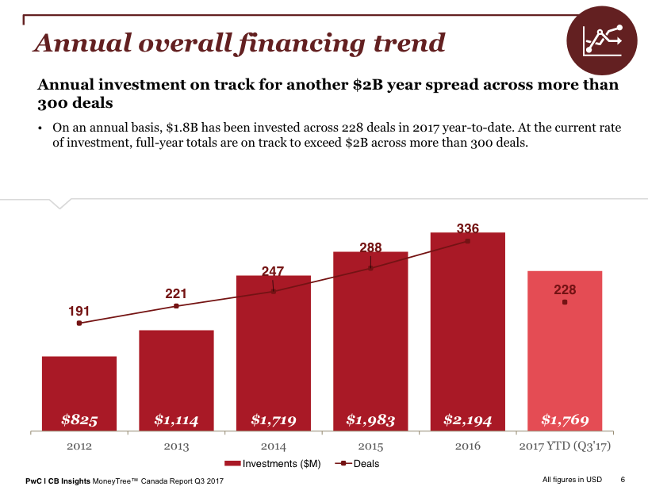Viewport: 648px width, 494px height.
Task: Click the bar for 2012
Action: coord(79,393)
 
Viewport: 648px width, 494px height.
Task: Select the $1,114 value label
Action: coord(176,420)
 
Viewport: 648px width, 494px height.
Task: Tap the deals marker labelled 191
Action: coord(79,323)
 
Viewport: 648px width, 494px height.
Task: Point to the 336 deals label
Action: coord(468,228)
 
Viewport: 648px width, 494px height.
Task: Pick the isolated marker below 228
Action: coord(564,303)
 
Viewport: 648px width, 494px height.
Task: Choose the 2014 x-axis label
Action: coord(273,446)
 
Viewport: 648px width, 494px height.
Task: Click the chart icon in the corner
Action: coord(602,40)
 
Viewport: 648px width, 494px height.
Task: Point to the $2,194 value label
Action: coord(468,420)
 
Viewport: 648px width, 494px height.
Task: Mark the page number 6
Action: coord(623,480)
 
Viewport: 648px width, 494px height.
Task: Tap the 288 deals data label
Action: coord(370,248)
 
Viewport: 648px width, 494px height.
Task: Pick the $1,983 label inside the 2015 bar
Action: coord(370,420)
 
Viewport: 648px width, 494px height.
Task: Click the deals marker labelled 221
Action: coord(176,306)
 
